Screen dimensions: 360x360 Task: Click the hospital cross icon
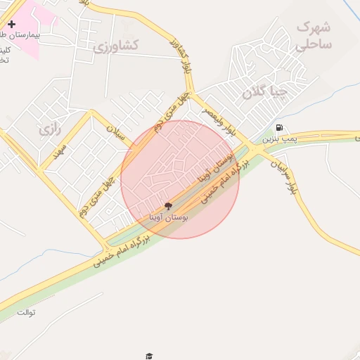click(x=12, y=24)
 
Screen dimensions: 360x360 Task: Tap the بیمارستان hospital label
click(x=20, y=34)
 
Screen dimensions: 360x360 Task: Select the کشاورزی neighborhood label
click(x=117, y=46)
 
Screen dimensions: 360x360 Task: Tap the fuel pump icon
click(x=280, y=127)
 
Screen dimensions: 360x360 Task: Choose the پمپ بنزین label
click(x=284, y=139)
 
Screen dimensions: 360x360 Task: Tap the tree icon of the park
click(x=168, y=206)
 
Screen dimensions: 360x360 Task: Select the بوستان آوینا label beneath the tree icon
click(x=169, y=219)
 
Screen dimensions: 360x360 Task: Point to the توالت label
click(x=26, y=311)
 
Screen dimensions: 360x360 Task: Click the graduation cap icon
click(x=148, y=356)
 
